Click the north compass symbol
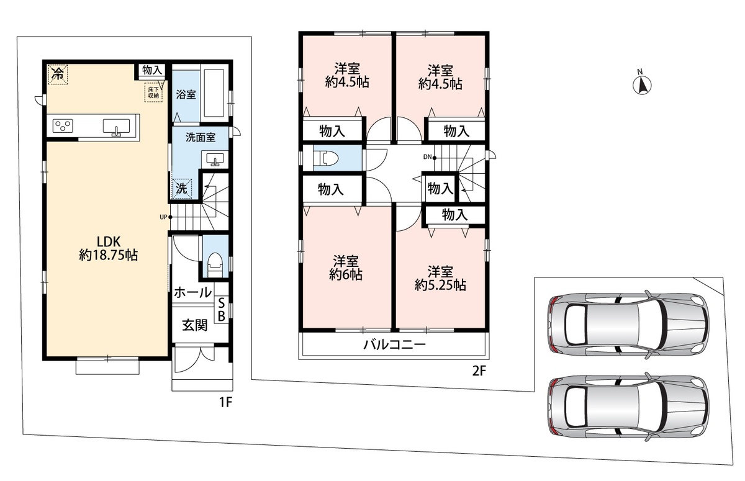pos(642,84)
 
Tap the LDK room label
pos(109,248)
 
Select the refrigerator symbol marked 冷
pos(58,74)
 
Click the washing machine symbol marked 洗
pos(181,189)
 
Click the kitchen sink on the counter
pos(116,127)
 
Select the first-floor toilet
pos(215,265)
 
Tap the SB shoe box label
pos(222,310)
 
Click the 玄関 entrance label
pos(195,325)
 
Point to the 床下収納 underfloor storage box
pos(153,92)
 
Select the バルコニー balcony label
pos(394,344)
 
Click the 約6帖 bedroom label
pos(346,268)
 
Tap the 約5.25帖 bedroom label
pos(440,279)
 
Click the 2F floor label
pos(479,371)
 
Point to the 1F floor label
pos(225,403)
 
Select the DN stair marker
pos(430,157)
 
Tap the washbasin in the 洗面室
pos(215,160)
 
